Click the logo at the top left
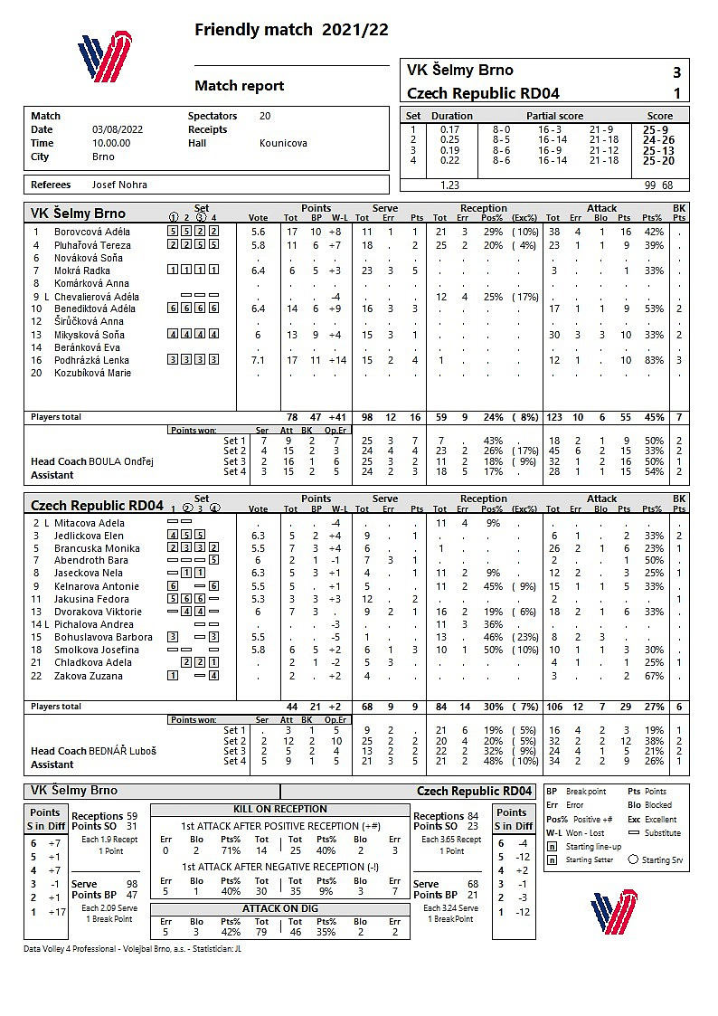click(105, 58)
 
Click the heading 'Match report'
click(240, 86)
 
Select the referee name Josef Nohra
click(119, 185)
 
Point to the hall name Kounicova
click(283, 143)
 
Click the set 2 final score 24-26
click(657, 139)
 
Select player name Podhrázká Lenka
click(92, 360)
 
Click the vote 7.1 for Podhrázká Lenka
click(258, 360)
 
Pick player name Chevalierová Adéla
click(97, 297)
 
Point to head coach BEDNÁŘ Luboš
click(122, 751)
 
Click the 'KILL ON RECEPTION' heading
click(280, 809)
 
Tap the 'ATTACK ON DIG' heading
click(280, 908)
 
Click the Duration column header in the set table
click(451, 116)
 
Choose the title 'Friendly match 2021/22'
click(291, 30)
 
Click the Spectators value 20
click(265, 116)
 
